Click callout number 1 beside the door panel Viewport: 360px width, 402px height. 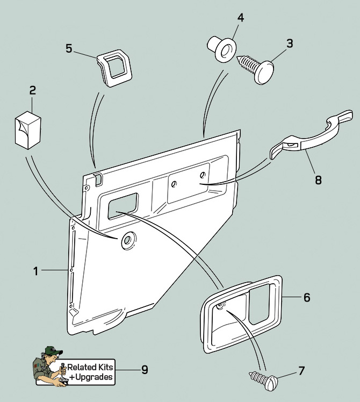coord(36,271)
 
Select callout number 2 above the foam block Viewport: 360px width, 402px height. coord(33,90)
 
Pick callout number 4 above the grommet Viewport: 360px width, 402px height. coord(241,17)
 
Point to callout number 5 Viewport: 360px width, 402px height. coord(69,48)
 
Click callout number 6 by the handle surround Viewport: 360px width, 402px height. coord(307,297)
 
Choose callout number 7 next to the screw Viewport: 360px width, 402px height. coord(301,370)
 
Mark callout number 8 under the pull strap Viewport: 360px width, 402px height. coord(318,180)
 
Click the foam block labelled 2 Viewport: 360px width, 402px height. coord(28,130)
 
